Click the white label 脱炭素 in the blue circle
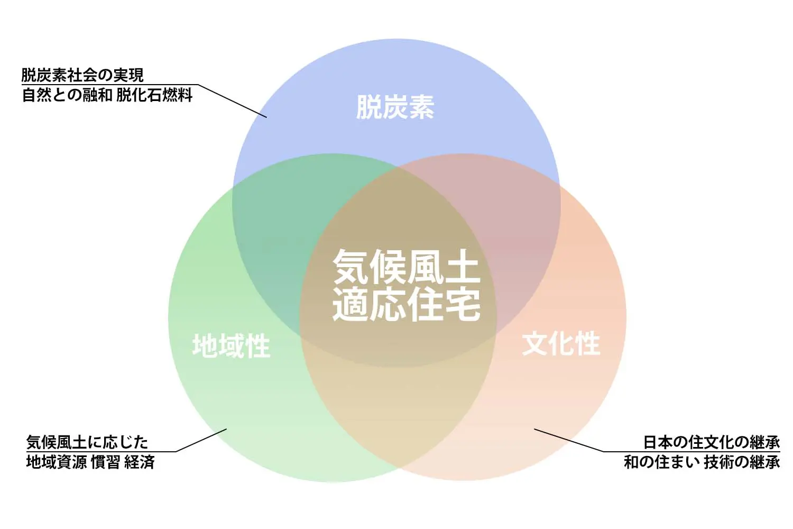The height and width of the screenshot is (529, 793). tap(395, 107)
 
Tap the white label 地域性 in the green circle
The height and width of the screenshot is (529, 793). tap(231, 346)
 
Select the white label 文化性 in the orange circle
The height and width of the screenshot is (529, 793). tap(561, 344)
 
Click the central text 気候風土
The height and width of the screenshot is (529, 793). tap(406, 267)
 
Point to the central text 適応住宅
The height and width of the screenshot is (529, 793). tap(406, 304)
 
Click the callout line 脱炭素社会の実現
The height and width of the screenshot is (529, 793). tap(82, 75)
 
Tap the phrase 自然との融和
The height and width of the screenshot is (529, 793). tap(67, 95)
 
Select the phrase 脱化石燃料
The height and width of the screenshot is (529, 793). tap(154, 95)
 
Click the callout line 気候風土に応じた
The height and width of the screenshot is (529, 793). tap(87, 442)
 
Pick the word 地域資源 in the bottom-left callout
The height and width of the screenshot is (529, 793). tap(57, 462)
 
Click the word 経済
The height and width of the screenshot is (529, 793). tap(140, 462)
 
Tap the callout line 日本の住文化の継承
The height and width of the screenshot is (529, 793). tap(711, 442)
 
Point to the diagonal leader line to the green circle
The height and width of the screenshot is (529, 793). tap(201, 440)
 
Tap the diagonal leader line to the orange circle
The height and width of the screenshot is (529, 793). tap(568, 440)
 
